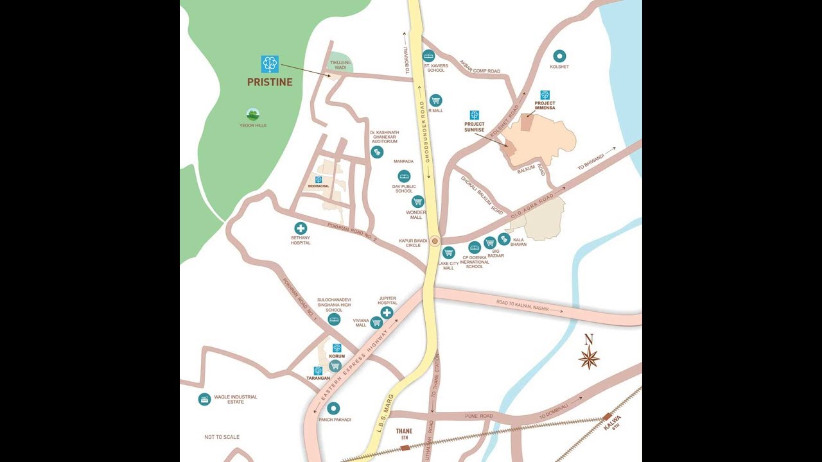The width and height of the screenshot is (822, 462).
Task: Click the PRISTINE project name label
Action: (270, 82)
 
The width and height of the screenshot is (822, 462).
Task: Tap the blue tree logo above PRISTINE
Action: (270, 64)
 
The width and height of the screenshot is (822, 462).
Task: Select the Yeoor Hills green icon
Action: (253, 114)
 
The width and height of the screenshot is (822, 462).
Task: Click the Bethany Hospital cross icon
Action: (301, 228)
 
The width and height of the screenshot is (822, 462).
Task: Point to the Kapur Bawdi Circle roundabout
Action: (435, 241)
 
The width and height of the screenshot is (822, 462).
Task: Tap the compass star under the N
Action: (589, 358)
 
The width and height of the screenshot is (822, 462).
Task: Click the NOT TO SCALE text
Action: (222, 437)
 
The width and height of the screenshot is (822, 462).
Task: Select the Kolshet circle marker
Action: (559, 56)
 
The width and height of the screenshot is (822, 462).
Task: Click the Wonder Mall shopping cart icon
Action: (418, 201)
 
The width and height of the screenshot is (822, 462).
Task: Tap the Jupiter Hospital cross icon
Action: (387, 312)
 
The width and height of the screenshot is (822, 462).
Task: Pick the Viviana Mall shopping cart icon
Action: (376, 323)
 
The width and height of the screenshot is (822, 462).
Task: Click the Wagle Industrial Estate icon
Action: (204, 399)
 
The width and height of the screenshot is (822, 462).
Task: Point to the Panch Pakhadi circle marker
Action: (333, 408)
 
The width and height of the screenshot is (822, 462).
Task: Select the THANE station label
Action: (404, 432)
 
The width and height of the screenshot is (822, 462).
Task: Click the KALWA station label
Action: (613, 424)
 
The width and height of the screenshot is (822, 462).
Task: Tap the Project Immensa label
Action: (545, 105)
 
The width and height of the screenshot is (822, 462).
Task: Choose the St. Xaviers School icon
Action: (428, 56)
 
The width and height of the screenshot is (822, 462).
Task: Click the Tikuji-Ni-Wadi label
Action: (340, 65)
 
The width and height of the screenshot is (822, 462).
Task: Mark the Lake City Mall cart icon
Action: (449, 252)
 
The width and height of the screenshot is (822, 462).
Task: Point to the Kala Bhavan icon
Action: (504, 239)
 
